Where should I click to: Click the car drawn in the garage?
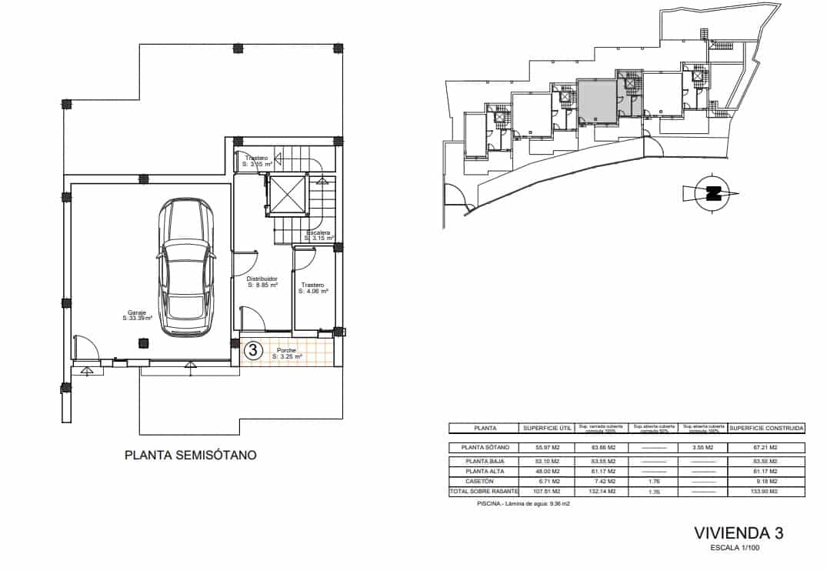coord(185,267)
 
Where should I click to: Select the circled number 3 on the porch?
coord(252,351)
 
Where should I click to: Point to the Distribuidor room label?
coord(262,282)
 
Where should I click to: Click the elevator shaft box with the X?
coord(287,195)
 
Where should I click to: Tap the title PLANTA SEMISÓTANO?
coord(191,456)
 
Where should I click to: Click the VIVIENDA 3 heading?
coord(738,533)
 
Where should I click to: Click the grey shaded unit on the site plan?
coord(598,101)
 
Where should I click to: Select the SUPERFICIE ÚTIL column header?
coord(546,428)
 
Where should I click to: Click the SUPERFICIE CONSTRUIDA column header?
coord(766,428)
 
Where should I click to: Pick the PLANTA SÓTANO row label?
coord(485,447)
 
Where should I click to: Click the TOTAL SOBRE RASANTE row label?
coord(485,491)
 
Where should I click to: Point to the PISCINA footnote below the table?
coord(523,504)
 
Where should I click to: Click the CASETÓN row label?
coord(485,481)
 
